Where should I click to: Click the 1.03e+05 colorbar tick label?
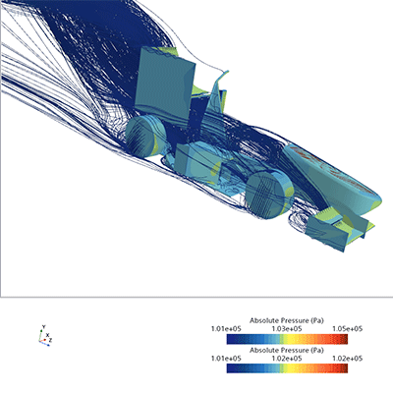tap(287, 329)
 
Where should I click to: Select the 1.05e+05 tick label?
tap(348, 329)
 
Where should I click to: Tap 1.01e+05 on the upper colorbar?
tap(226, 329)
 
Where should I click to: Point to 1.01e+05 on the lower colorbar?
tap(226, 359)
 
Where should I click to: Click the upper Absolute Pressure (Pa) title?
tap(287, 320)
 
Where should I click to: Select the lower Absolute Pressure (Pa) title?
tap(287, 350)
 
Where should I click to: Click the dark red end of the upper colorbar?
tap(344, 339)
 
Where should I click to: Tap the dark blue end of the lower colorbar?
tap(231, 368)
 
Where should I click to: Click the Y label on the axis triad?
tap(43, 327)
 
